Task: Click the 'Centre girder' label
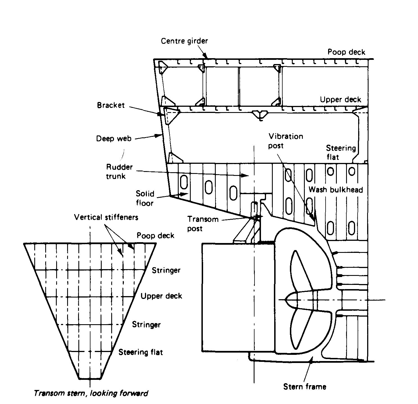(x=184, y=41)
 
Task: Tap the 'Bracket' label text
(x=111, y=105)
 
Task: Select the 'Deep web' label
(x=114, y=139)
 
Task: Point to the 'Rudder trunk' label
(x=119, y=171)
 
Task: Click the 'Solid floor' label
(x=145, y=198)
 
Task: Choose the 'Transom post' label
(x=203, y=224)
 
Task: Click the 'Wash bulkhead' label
(x=336, y=190)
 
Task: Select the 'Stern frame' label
(x=305, y=387)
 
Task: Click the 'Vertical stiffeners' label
(x=106, y=217)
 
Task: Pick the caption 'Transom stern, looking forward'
(x=91, y=393)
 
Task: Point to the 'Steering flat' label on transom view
(x=140, y=352)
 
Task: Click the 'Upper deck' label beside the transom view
(x=161, y=296)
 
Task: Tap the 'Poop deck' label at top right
(x=346, y=52)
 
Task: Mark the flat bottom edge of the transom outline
(x=90, y=379)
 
